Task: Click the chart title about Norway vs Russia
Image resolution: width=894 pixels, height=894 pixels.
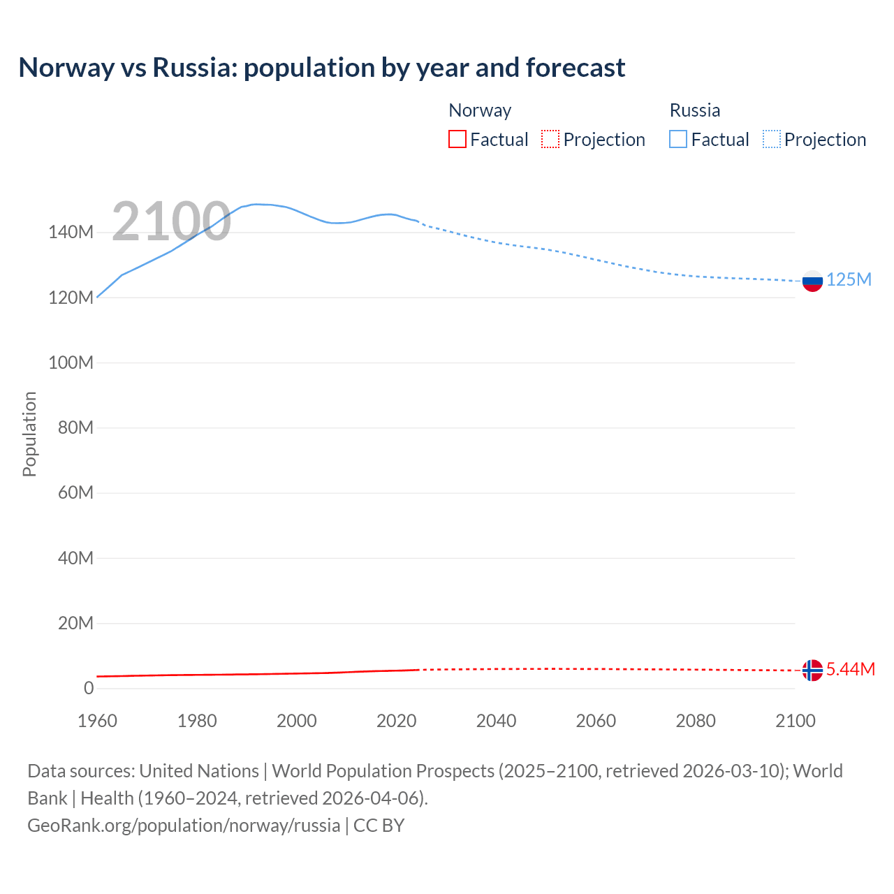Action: coord(322,68)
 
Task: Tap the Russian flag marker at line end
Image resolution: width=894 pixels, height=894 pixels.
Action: coord(812,281)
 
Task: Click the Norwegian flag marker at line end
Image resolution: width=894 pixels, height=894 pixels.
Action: coord(812,670)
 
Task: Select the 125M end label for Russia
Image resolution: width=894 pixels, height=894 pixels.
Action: coord(849,280)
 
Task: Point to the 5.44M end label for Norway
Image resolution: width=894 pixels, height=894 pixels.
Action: coord(850,669)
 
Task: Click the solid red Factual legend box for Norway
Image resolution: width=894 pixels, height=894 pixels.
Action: coord(457,139)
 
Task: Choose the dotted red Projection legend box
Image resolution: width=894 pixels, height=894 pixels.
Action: coord(550,139)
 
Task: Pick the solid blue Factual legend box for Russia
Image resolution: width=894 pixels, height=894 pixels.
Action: coord(678,139)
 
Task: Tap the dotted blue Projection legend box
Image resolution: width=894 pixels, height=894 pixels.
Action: coord(772,139)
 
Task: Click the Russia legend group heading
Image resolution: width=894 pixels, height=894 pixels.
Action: coord(694,110)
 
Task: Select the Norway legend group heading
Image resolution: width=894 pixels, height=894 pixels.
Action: coord(480,110)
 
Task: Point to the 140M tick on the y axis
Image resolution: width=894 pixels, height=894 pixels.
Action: coord(71,233)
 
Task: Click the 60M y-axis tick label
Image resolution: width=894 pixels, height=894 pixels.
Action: coord(75,493)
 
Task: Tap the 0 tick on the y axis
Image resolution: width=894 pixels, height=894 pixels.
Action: coord(88,688)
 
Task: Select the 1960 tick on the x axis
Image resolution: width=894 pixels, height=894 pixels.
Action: coord(97,721)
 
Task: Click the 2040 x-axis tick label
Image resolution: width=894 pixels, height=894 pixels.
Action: coord(496,721)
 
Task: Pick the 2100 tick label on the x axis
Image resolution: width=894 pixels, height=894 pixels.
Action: coord(795,721)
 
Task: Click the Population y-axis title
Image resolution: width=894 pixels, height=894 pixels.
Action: coord(29,434)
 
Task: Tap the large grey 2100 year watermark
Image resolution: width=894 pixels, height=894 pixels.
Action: coord(171,221)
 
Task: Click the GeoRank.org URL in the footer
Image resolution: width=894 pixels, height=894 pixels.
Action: coord(184,826)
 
